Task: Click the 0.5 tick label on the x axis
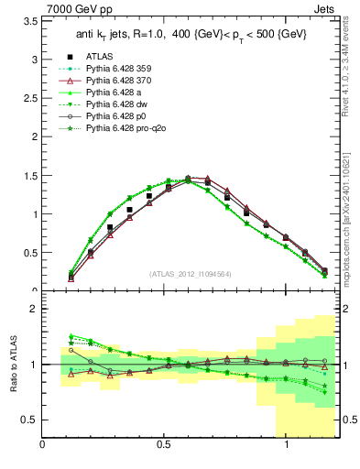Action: coord(165,444)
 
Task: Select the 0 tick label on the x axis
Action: coord(43,444)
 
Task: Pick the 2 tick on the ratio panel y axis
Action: coord(33,309)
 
